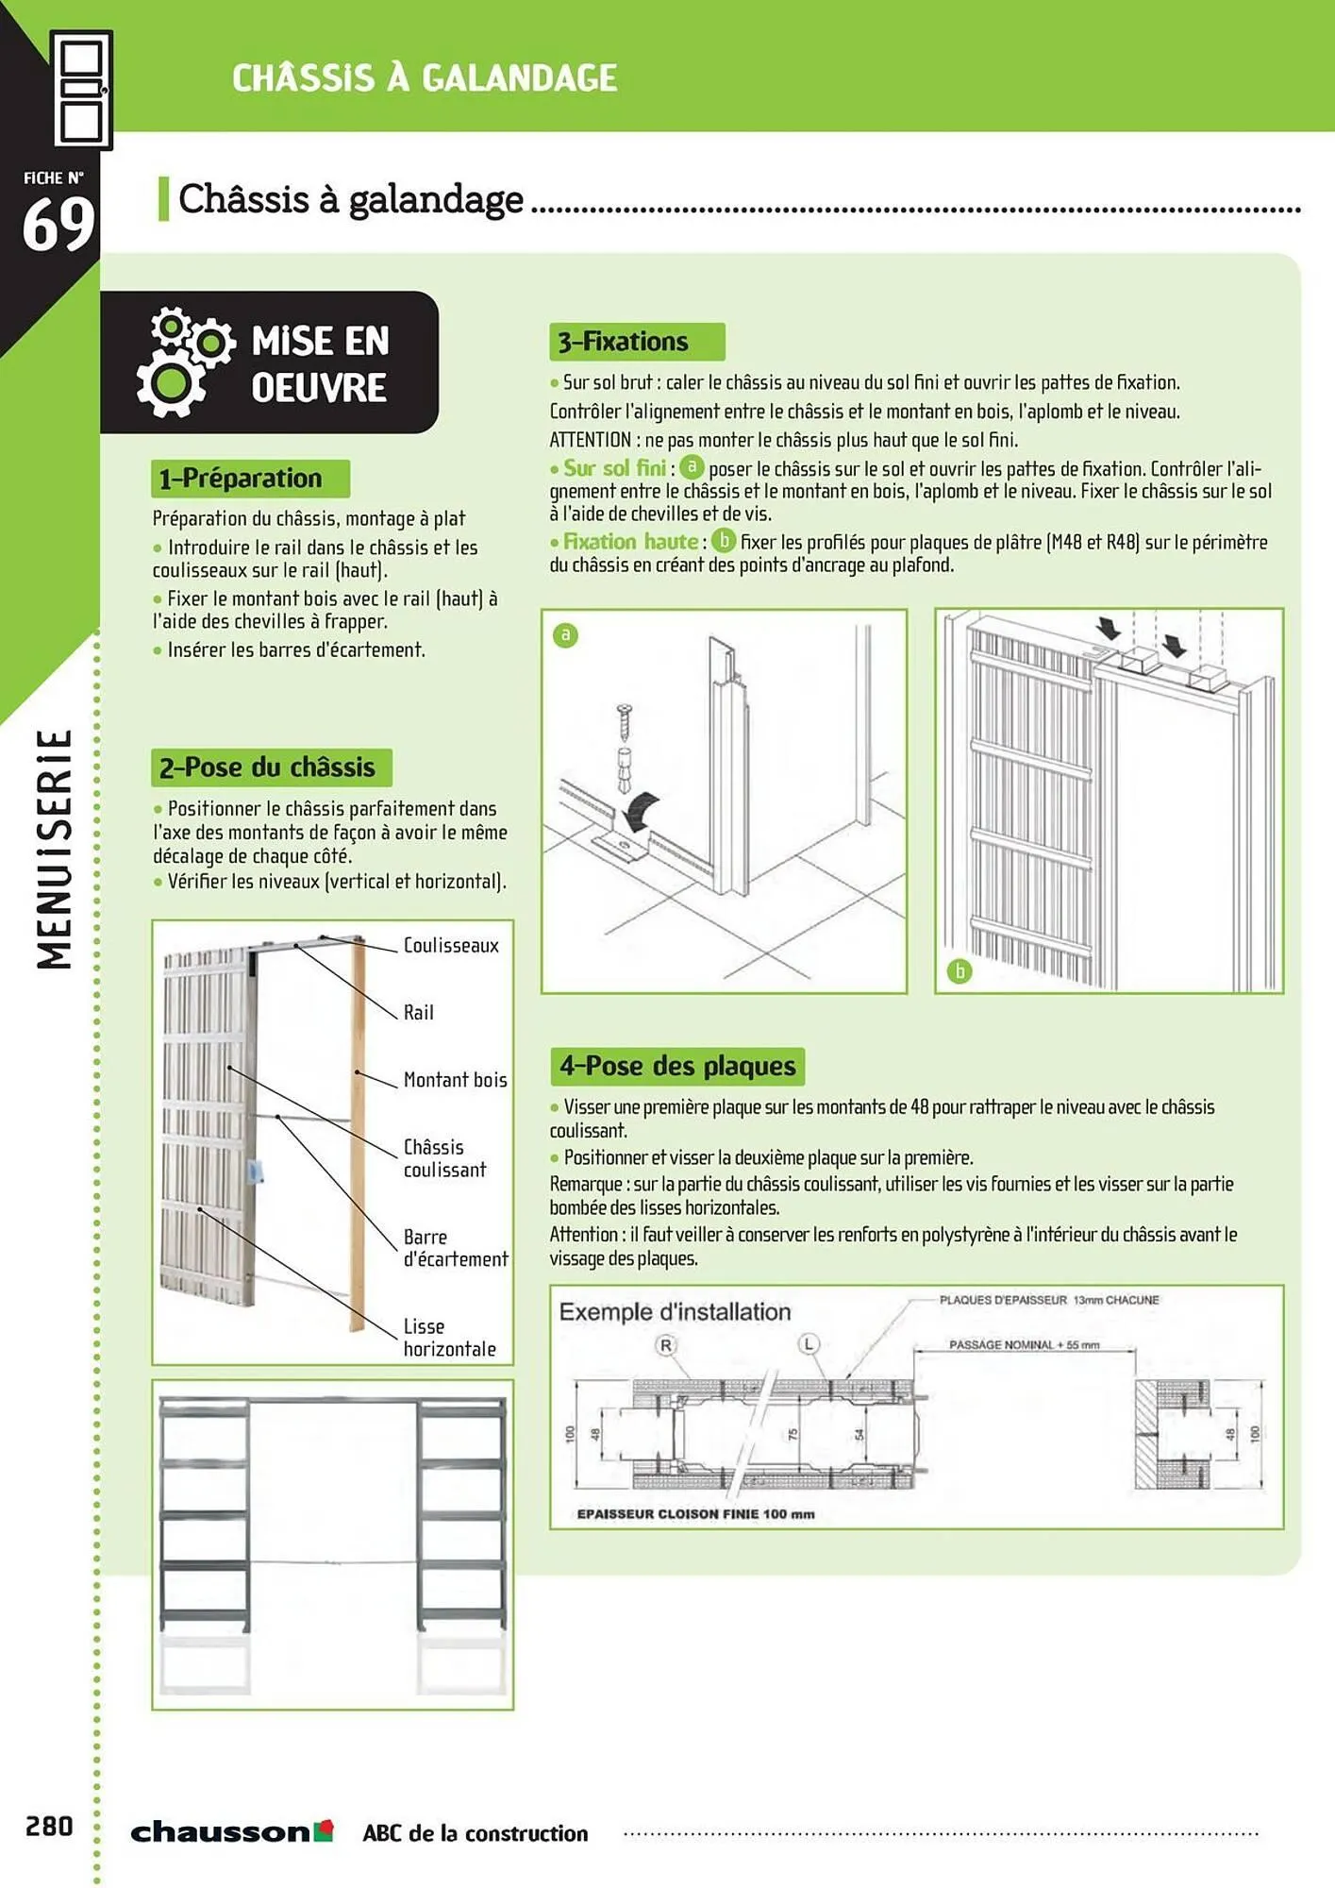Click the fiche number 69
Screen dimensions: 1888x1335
pyautogui.click(x=58, y=225)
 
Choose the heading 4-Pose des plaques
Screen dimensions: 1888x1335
pyautogui.click(x=677, y=1067)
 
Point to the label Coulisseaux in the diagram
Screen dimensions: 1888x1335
pyautogui.click(x=451, y=946)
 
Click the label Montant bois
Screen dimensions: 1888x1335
pyautogui.click(x=455, y=1080)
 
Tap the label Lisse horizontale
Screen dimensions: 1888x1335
pyautogui.click(x=449, y=1338)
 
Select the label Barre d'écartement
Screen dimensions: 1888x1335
pyautogui.click(x=455, y=1248)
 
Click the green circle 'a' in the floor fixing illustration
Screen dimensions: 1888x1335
pyautogui.click(x=565, y=635)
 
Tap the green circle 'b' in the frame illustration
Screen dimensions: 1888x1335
pyautogui.click(x=959, y=971)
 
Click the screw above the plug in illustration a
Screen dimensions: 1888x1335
pyautogui.click(x=624, y=722)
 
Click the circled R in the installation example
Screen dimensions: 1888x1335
pyautogui.click(x=666, y=1345)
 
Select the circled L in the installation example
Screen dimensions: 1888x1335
pyautogui.click(x=809, y=1343)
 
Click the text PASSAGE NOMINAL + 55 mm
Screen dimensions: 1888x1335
pyautogui.click(x=1024, y=1345)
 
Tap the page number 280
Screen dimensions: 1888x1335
pyautogui.click(x=49, y=1827)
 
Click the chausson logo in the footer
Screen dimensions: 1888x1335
pyautogui.click(x=232, y=1831)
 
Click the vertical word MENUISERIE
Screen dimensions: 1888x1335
pyautogui.click(x=55, y=850)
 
